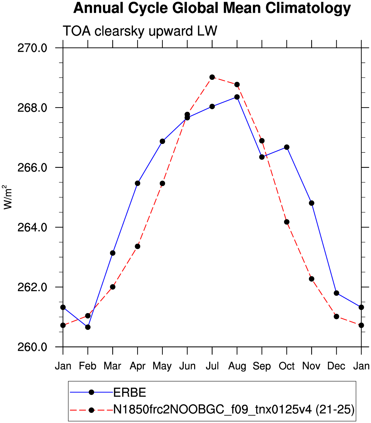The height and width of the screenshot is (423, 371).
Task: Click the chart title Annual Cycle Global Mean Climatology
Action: click(x=212, y=9)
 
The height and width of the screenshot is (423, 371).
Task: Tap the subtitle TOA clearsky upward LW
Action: click(x=140, y=31)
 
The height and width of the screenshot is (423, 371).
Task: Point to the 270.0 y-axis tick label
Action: click(x=32, y=48)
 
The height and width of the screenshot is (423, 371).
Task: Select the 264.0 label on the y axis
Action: click(x=32, y=227)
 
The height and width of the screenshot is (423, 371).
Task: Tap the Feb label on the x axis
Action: click(x=88, y=366)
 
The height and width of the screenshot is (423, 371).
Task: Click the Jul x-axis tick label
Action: click(x=212, y=366)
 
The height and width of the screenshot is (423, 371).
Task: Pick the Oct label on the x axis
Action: click(x=287, y=366)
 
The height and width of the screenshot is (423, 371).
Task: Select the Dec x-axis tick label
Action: click(x=336, y=366)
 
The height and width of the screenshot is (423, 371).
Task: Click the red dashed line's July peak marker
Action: click(x=212, y=77)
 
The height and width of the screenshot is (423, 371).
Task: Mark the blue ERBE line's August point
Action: click(x=237, y=97)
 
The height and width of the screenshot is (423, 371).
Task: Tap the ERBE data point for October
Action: click(x=287, y=147)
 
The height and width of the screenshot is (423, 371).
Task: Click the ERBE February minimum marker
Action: click(x=88, y=327)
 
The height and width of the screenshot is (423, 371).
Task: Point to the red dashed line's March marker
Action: click(x=113, y=287)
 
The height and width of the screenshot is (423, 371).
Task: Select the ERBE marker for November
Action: click(x=312, y=203)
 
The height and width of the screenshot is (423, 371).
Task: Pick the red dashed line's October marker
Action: click(x=287, y=222)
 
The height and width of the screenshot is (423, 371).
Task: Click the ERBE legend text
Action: click(x=129, y=393)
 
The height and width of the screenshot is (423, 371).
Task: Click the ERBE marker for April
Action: click(x=138, y=183)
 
